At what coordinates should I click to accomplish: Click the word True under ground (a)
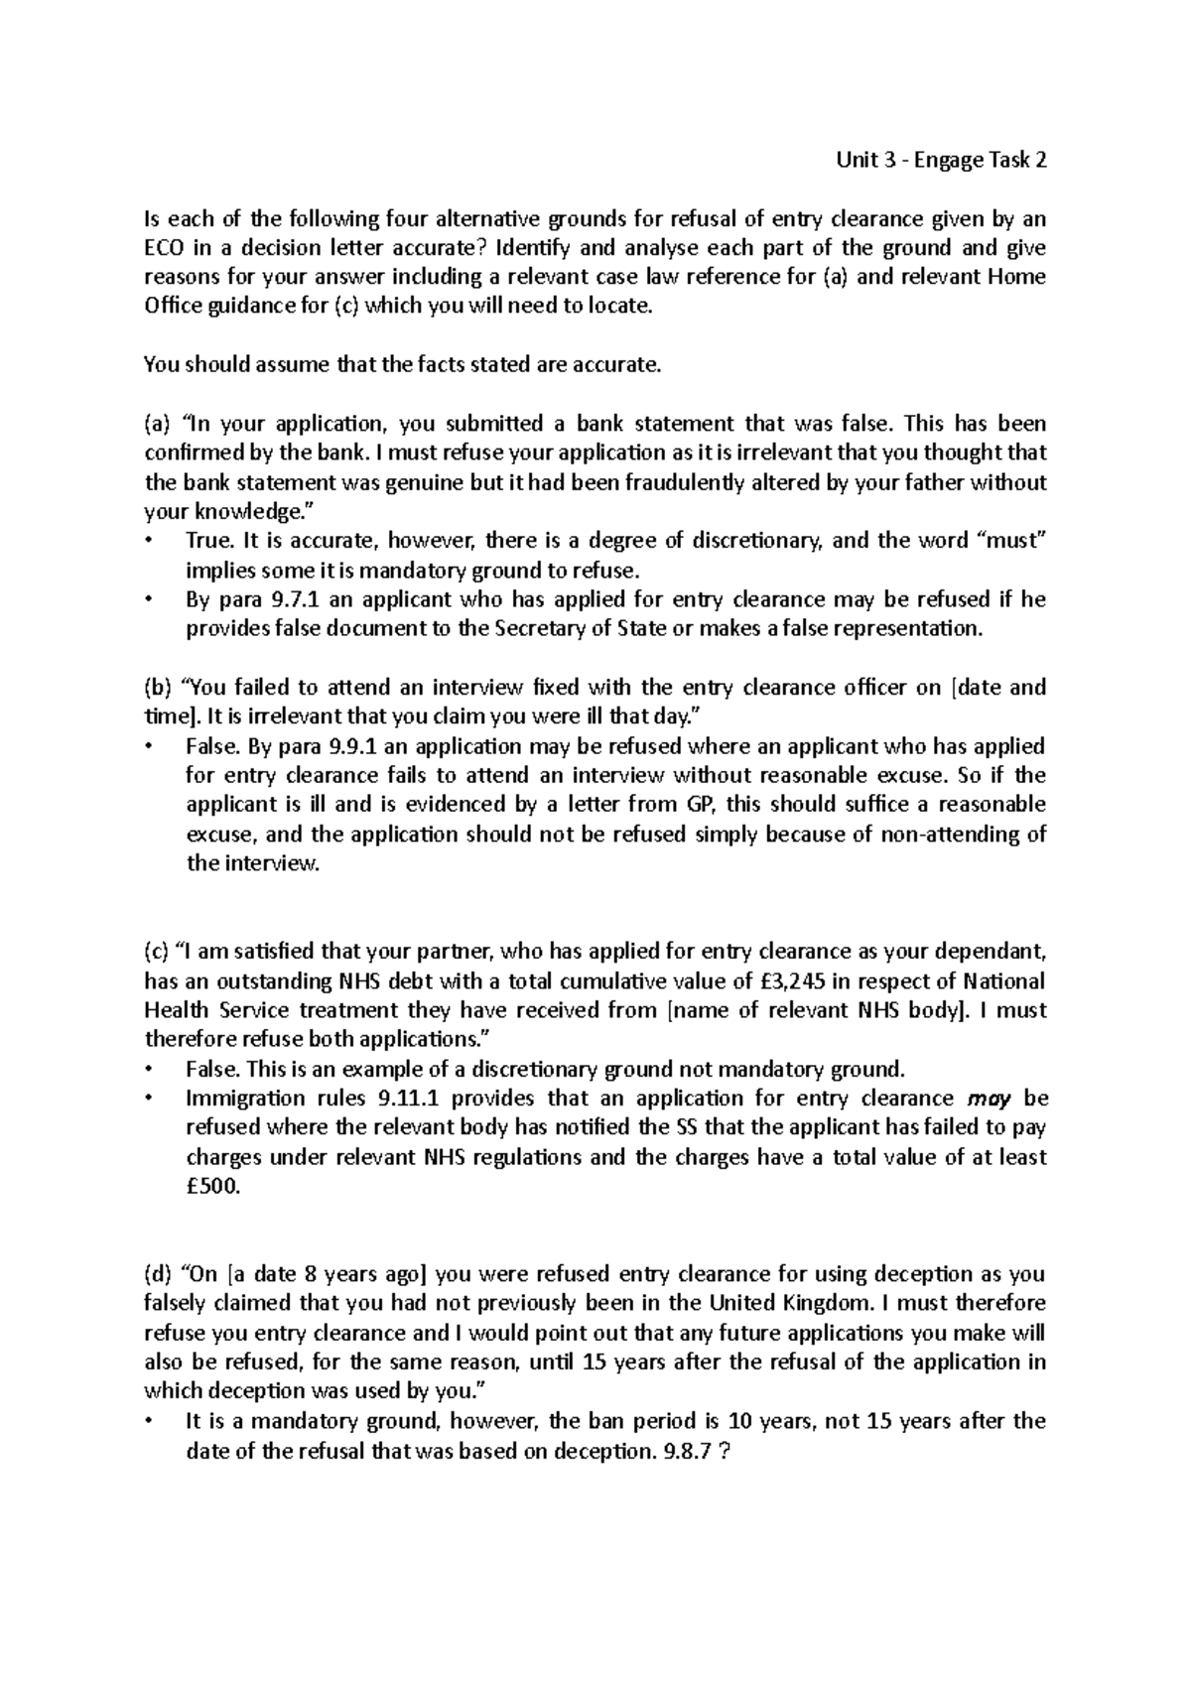[208, 541]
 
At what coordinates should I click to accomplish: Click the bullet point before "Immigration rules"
[150, 1099]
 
